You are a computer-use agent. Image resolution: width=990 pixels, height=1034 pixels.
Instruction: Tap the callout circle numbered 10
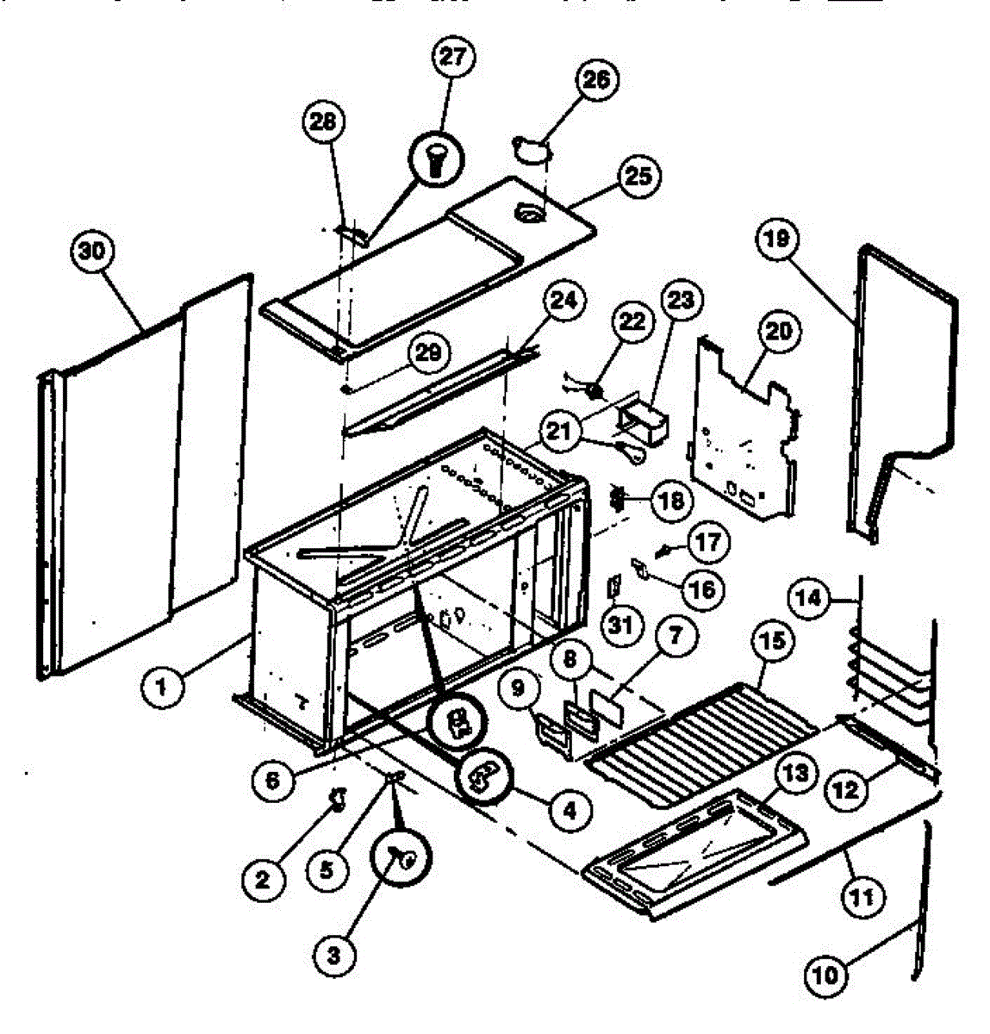pyautogui.click(x=825, y=975)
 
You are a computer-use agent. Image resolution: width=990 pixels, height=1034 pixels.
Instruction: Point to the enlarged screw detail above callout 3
pyautogui.click(x=402, y=856)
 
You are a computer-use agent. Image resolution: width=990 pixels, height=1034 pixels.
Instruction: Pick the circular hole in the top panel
pyautogui.click(x=527, y=213)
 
